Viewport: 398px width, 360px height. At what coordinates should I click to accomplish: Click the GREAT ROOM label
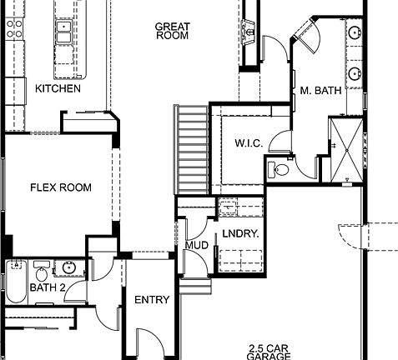pyautogui.click(x=172, y=31)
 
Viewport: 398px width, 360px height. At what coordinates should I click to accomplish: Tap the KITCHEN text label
pyautogui.click(x=58, y=88)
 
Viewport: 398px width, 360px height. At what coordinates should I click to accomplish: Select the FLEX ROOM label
pyautogui.click(x=61, y=187)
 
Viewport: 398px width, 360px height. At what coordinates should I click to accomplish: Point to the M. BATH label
pyautogui.click(x=321, y=91)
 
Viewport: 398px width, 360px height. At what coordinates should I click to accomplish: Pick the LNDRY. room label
pyautogui.click(x=240, y=234)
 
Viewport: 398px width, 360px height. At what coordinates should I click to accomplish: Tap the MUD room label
pyautogui.click(x=197, y=246)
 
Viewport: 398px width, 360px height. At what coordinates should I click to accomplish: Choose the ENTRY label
pyautogui.click(x=152, y=300)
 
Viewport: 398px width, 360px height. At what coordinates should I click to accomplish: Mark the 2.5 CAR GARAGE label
pyautogui.click(x=269, y=352)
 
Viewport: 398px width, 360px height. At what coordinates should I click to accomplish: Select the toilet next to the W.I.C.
pyautogui.click(x=280, y=171)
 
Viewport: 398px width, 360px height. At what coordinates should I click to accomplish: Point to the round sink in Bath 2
pyautogui.click(x=68, y=268)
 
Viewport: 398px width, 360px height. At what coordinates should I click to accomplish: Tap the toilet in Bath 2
pyautogui.click(x=41, y=270)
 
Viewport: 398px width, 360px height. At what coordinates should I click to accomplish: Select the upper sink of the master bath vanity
pyautogui.click(x=355, y=34)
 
